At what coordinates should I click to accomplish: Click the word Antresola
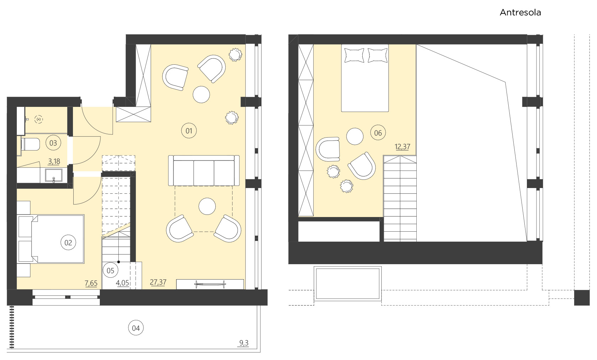(x=520, y=13)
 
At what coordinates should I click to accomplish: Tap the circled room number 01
(x=189, y=131)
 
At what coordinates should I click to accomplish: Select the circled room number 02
(x=68, y=243)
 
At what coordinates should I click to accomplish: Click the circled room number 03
(x=53, y=143)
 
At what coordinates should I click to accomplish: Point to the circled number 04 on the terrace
(x=136, y=328)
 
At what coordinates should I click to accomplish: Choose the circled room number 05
(x=111, y=271)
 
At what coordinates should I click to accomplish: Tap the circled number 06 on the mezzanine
(x=378, y=133)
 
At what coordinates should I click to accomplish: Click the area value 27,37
(x=158, y=282)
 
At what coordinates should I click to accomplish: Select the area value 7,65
(x=91, y=283)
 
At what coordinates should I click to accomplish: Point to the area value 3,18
(x=54, y=162)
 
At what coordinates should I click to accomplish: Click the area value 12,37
(x=402, y=147)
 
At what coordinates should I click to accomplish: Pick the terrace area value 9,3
(x=244, y=343)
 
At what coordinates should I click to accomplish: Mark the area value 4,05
(x=122, y=283)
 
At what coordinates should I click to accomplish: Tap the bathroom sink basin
(x=54, y=175)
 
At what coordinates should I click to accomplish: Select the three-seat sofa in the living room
(x=204, y=171)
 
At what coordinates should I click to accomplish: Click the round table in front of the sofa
(x=207, y=206)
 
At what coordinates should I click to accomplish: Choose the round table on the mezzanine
(x=355, y=136)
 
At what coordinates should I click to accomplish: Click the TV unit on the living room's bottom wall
(x=210, y=284)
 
